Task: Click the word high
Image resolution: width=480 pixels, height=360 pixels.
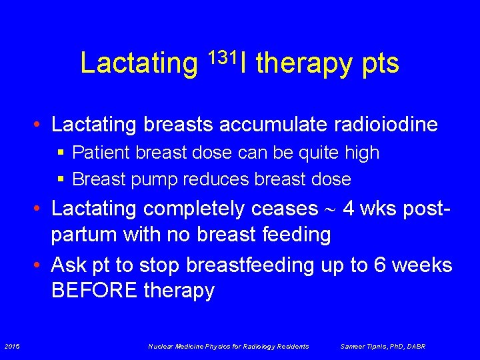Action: coord(361,153)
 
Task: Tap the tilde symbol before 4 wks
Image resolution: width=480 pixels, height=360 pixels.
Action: coord(331,209)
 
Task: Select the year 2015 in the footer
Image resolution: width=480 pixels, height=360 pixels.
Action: coord(11,346)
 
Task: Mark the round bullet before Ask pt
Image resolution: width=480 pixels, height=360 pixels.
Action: coord(41,265)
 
